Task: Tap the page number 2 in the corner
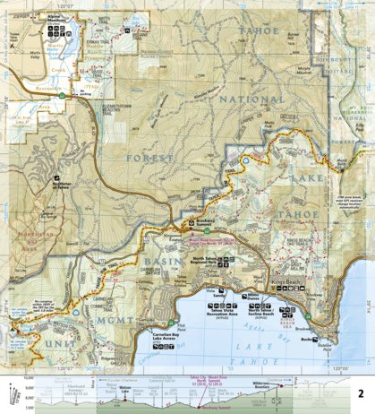coord(360,392)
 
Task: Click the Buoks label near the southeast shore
coord(306,333)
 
